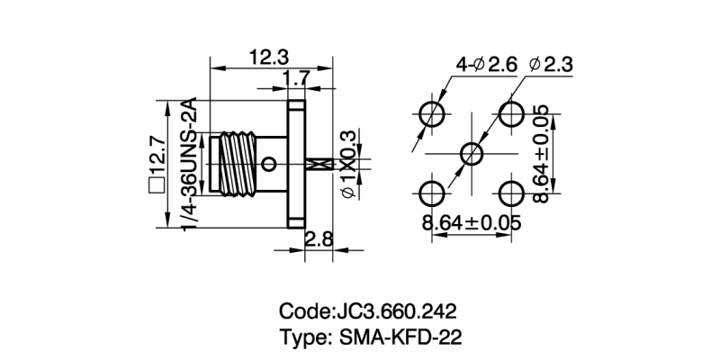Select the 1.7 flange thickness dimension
click(298, 80)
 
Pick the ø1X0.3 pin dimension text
click(349, 164)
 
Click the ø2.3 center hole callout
click(553, 65)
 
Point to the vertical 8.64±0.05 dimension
click(541, 153)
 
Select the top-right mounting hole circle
click(512, 114)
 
